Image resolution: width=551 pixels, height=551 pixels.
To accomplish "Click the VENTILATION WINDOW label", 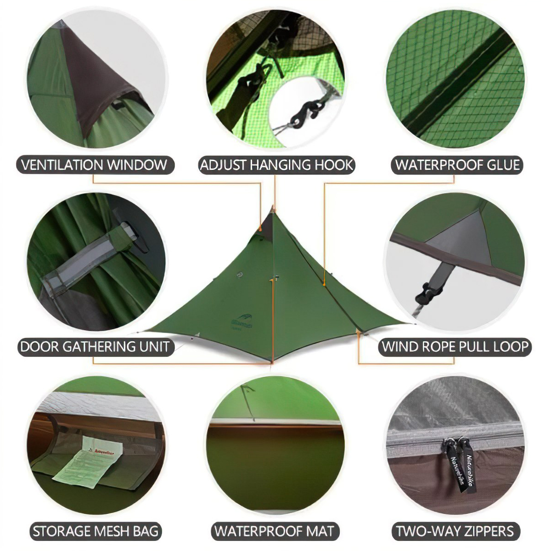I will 96,165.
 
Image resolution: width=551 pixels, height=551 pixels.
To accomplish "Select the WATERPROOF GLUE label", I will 457,165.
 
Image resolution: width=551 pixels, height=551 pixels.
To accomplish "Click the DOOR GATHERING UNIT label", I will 95,347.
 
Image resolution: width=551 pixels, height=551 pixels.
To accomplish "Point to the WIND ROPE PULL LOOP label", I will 455,347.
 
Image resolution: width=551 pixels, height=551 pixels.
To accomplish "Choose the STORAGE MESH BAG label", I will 96,531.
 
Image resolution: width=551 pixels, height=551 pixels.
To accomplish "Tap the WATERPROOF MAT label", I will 275,531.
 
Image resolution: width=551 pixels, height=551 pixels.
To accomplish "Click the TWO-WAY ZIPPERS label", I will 455,531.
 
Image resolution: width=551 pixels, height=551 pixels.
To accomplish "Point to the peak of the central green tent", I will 272,208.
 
